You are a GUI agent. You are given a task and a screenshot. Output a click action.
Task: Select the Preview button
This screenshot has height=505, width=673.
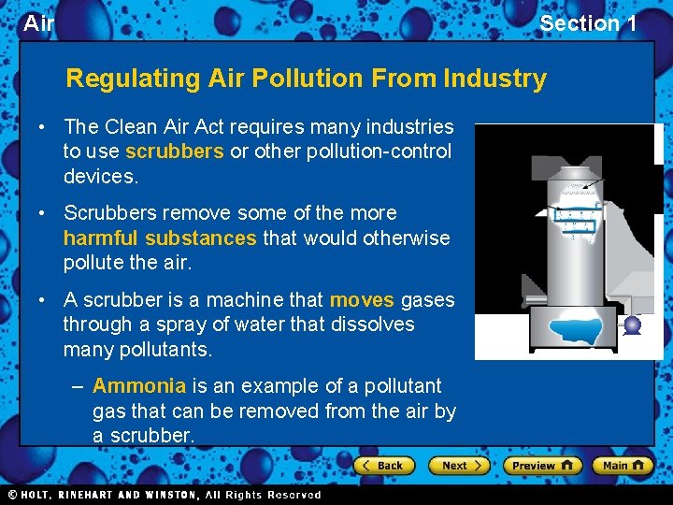541,465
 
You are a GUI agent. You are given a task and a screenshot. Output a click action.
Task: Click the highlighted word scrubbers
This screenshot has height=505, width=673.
174,151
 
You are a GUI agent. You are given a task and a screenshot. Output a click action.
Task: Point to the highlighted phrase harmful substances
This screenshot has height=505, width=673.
160,238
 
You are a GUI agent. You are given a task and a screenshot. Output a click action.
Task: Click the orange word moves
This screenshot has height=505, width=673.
362,300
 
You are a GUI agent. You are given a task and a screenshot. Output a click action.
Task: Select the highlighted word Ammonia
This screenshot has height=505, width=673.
139,386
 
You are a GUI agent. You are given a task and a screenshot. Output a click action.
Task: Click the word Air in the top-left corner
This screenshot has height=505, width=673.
38,23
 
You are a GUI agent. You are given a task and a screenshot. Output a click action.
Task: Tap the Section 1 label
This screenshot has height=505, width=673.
588,23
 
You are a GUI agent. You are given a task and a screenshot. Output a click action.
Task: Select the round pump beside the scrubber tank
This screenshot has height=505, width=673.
632,325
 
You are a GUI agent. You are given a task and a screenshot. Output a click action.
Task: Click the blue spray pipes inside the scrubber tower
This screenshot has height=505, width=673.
576,215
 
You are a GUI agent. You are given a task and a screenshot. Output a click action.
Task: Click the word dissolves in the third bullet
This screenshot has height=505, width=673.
374,325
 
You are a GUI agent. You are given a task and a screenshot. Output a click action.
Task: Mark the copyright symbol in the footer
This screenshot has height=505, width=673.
12,495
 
